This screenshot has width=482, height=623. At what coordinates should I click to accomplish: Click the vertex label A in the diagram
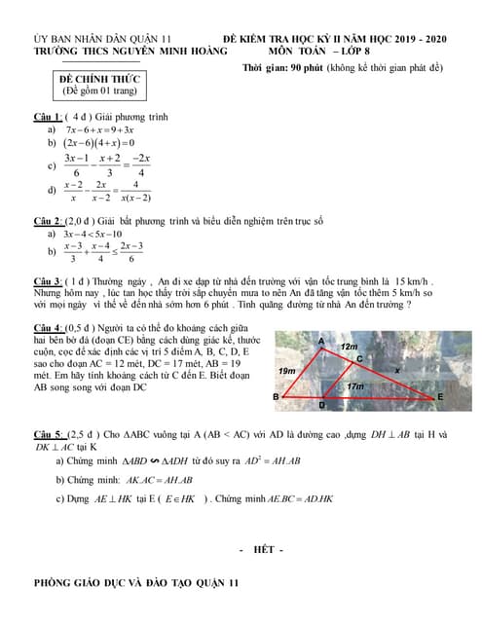321,341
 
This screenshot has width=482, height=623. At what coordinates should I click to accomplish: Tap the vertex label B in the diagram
276,398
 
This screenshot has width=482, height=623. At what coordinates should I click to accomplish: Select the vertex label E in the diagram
440,397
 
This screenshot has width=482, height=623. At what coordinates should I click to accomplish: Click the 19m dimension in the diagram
285,372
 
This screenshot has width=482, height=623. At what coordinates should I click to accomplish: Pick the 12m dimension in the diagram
348,347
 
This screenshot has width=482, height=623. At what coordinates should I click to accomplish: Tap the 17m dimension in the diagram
355,386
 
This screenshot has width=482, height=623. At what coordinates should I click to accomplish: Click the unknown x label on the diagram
395,371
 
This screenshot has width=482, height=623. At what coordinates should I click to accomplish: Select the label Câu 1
48,117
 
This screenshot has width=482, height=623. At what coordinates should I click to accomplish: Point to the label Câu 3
48,280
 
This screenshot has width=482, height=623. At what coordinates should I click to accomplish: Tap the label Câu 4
48,326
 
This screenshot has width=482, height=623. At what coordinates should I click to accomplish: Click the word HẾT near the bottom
261,550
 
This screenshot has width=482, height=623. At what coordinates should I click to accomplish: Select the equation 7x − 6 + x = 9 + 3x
99,129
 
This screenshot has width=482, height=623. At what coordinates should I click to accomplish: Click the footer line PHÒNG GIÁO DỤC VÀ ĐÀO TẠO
135,583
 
